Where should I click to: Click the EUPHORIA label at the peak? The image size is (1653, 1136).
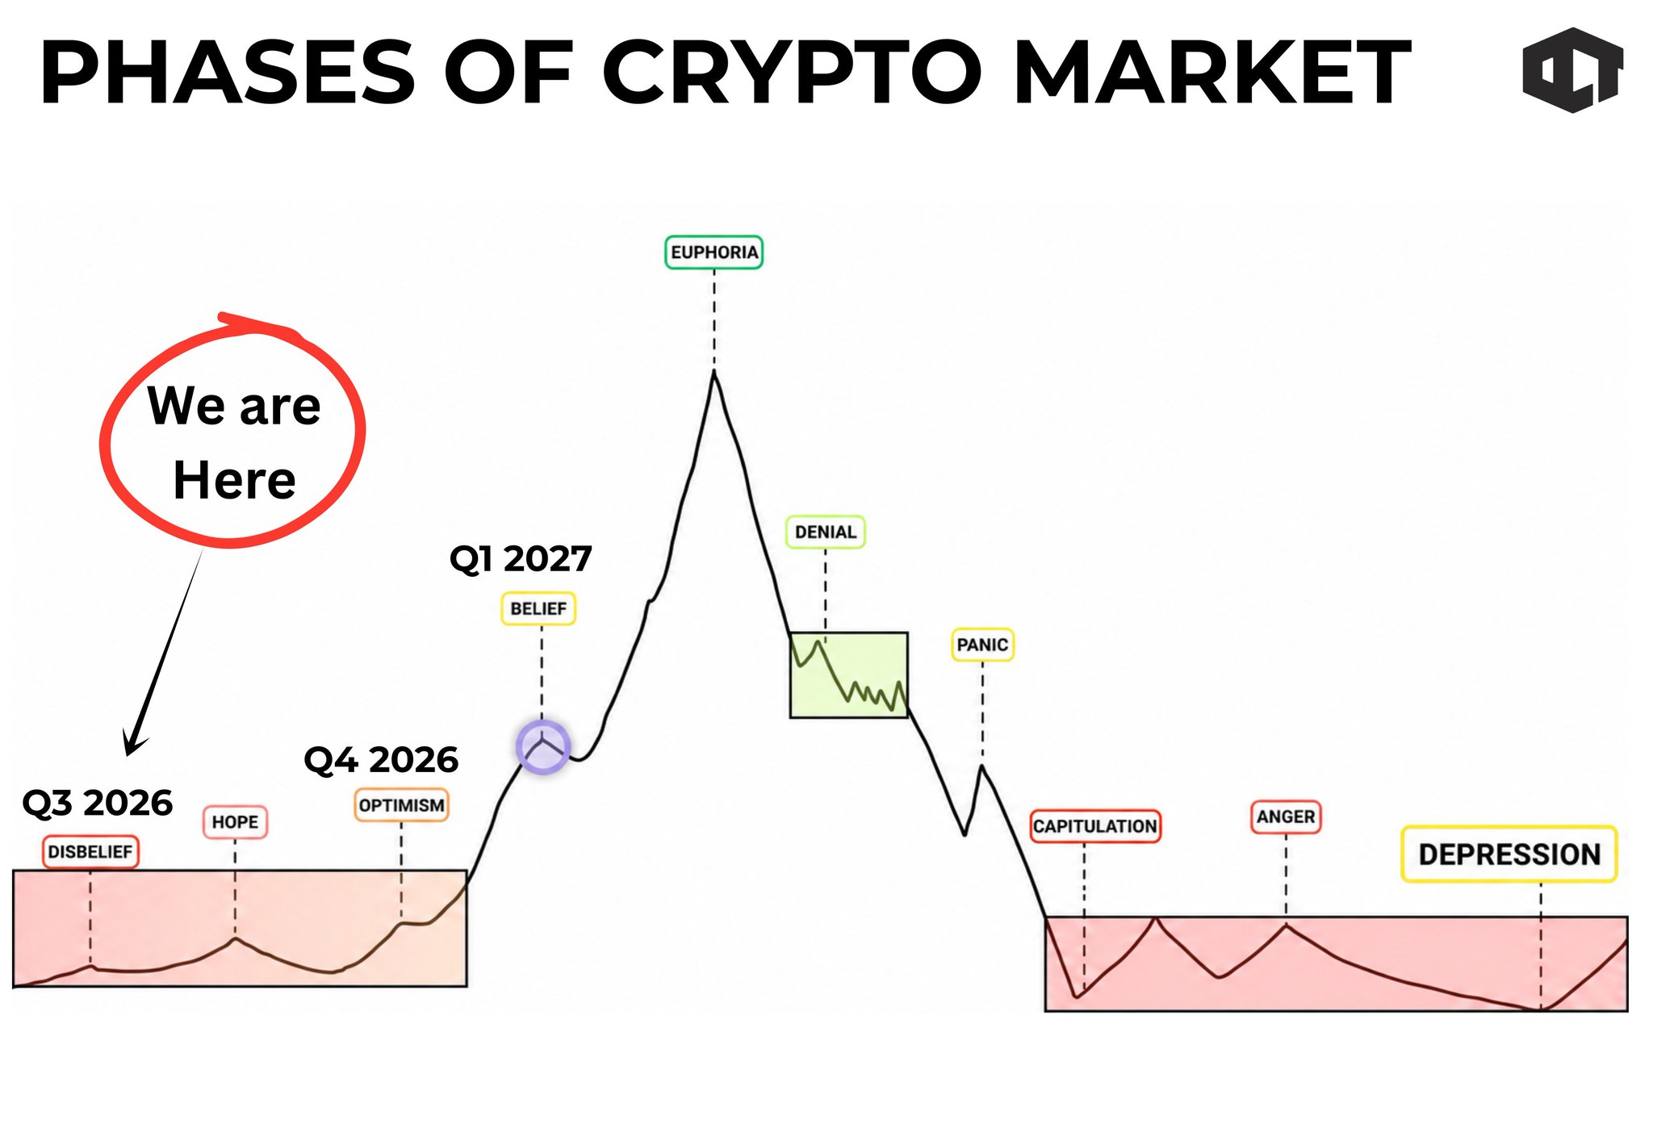(x=714, y=253)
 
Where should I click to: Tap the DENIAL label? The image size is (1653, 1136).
(x=825, y=532)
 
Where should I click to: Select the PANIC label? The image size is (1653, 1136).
(x=982, y=645)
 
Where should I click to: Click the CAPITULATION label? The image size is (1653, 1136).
(x=1095, y=827)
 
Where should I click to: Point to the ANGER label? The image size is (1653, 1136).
(x=1286, y=817)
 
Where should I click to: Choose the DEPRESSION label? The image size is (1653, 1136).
(x=1509, y=854)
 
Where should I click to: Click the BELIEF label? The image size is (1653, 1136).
(x=538, y=609)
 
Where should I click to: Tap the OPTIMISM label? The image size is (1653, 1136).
(x=401, y=806)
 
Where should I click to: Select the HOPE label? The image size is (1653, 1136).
(x=235, y=823)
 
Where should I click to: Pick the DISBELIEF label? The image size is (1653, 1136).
(x=90, y=852)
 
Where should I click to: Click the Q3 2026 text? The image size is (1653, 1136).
(x=98, y=804)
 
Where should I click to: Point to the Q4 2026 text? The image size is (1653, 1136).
(x=381, y=760)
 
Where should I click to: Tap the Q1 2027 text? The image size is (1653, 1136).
(x=521, y=558)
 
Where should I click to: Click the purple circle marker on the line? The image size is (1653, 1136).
(x=543, y=747)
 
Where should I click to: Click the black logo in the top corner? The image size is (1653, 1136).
(x=1573, y=70)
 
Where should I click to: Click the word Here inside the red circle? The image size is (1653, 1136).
(x=235, y=481)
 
